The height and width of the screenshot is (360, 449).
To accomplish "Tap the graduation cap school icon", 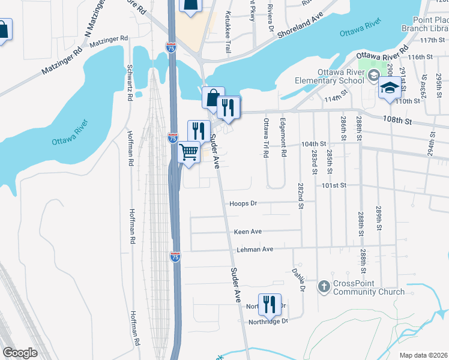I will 390,88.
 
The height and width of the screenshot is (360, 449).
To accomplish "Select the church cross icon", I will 324,286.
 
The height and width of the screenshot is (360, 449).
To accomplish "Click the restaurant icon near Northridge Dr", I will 269,304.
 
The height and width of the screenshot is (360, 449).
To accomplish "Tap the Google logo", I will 20,352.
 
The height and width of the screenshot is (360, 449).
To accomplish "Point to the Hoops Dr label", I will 243,203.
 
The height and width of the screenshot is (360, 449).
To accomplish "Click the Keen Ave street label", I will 248,231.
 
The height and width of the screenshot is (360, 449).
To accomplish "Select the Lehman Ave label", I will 254,248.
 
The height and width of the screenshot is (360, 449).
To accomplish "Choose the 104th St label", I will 313,145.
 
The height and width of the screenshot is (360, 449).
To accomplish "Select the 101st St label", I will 334,185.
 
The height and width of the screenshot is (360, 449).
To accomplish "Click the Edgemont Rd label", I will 283,137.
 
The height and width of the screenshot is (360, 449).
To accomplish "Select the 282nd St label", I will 300,197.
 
